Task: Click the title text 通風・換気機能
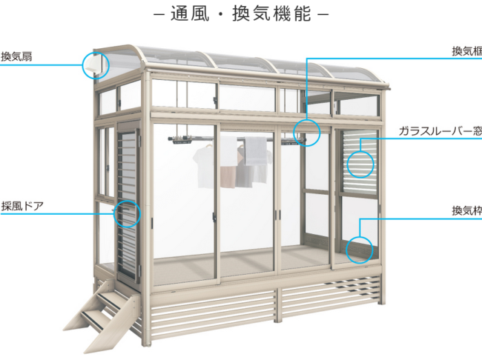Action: click(x=241, y=14)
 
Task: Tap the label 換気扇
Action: click(x=17, y=56)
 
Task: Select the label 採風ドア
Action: click(x=23, y=206)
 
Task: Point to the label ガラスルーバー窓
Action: click(x=440, y=131)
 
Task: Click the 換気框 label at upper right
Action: click(x=467, y=52)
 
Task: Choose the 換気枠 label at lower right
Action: click(x=467, y=211)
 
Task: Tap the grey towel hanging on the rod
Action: click(x=255, y=151)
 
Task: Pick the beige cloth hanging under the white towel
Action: click(x=228, y=177)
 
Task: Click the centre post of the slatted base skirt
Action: click(x=278, y=305)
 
